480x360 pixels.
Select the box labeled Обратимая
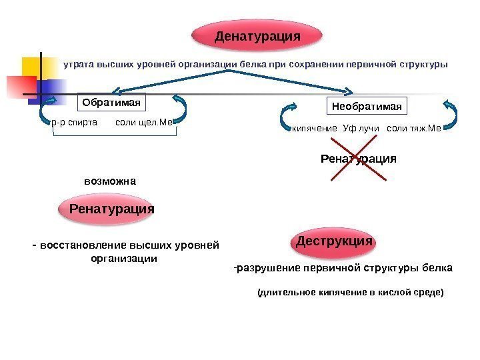[112, 103]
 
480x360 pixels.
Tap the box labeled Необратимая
[368, 106]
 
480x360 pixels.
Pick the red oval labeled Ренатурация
[112, 209]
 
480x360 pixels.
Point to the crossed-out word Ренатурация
[359, 159]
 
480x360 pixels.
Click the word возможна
[110, 181]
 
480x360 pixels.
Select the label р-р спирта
[74, 123]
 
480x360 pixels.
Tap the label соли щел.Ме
[144, 123]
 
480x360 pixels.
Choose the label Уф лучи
[361, 127]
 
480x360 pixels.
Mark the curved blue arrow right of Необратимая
[450, 114]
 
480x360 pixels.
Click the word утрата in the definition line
[79, 65]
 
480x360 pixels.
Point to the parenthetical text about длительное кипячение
[350, 292]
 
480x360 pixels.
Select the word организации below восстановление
[124, 258]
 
